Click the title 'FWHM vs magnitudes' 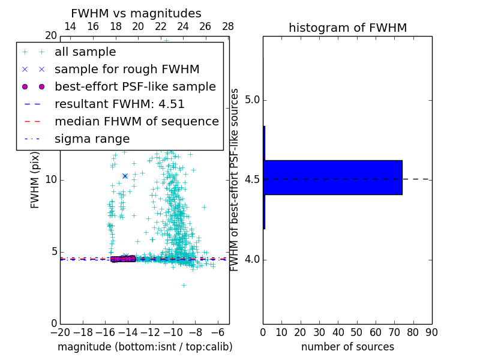pyautogui.click(x=136, y=13)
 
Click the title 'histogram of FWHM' pyautogui.click(x=347, y=28)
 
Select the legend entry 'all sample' pyautogui.click(x=85, y=52)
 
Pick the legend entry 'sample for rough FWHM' pyautogui.click(x=127, y=70)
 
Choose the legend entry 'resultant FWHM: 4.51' pyautogui.click(x=119, y=104)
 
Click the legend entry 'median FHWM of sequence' pyautogui.click(x=136, y=122)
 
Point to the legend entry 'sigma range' pyautogui.click(x=92, y=139)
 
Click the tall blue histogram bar pyautogui.click(x=333, y=178)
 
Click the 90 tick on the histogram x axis pyautogui.click(x=431, y=332)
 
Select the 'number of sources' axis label pyautogui.click(x=347, y=347)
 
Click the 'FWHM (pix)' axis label pyautogui.click(x=35, y=179)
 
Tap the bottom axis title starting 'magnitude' pyautogui.click(x=145, y=347)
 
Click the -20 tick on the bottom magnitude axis pyautogui.click(x=60, y=332)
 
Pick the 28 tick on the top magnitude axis pyautogui.click(x=228, y=26)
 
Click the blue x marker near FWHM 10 pyautogui.click(x=125, y=176)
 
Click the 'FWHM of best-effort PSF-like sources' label pyautogui.click(x=235, y=179)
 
